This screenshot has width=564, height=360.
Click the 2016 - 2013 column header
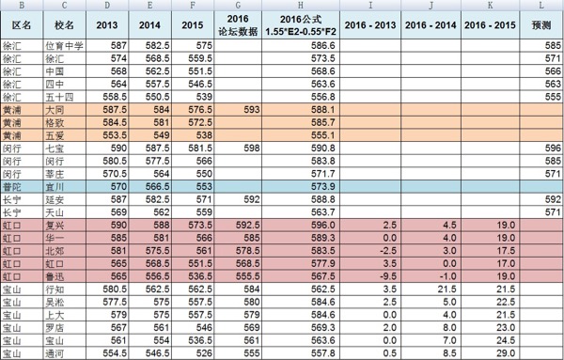373,23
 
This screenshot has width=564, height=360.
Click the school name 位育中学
64,45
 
